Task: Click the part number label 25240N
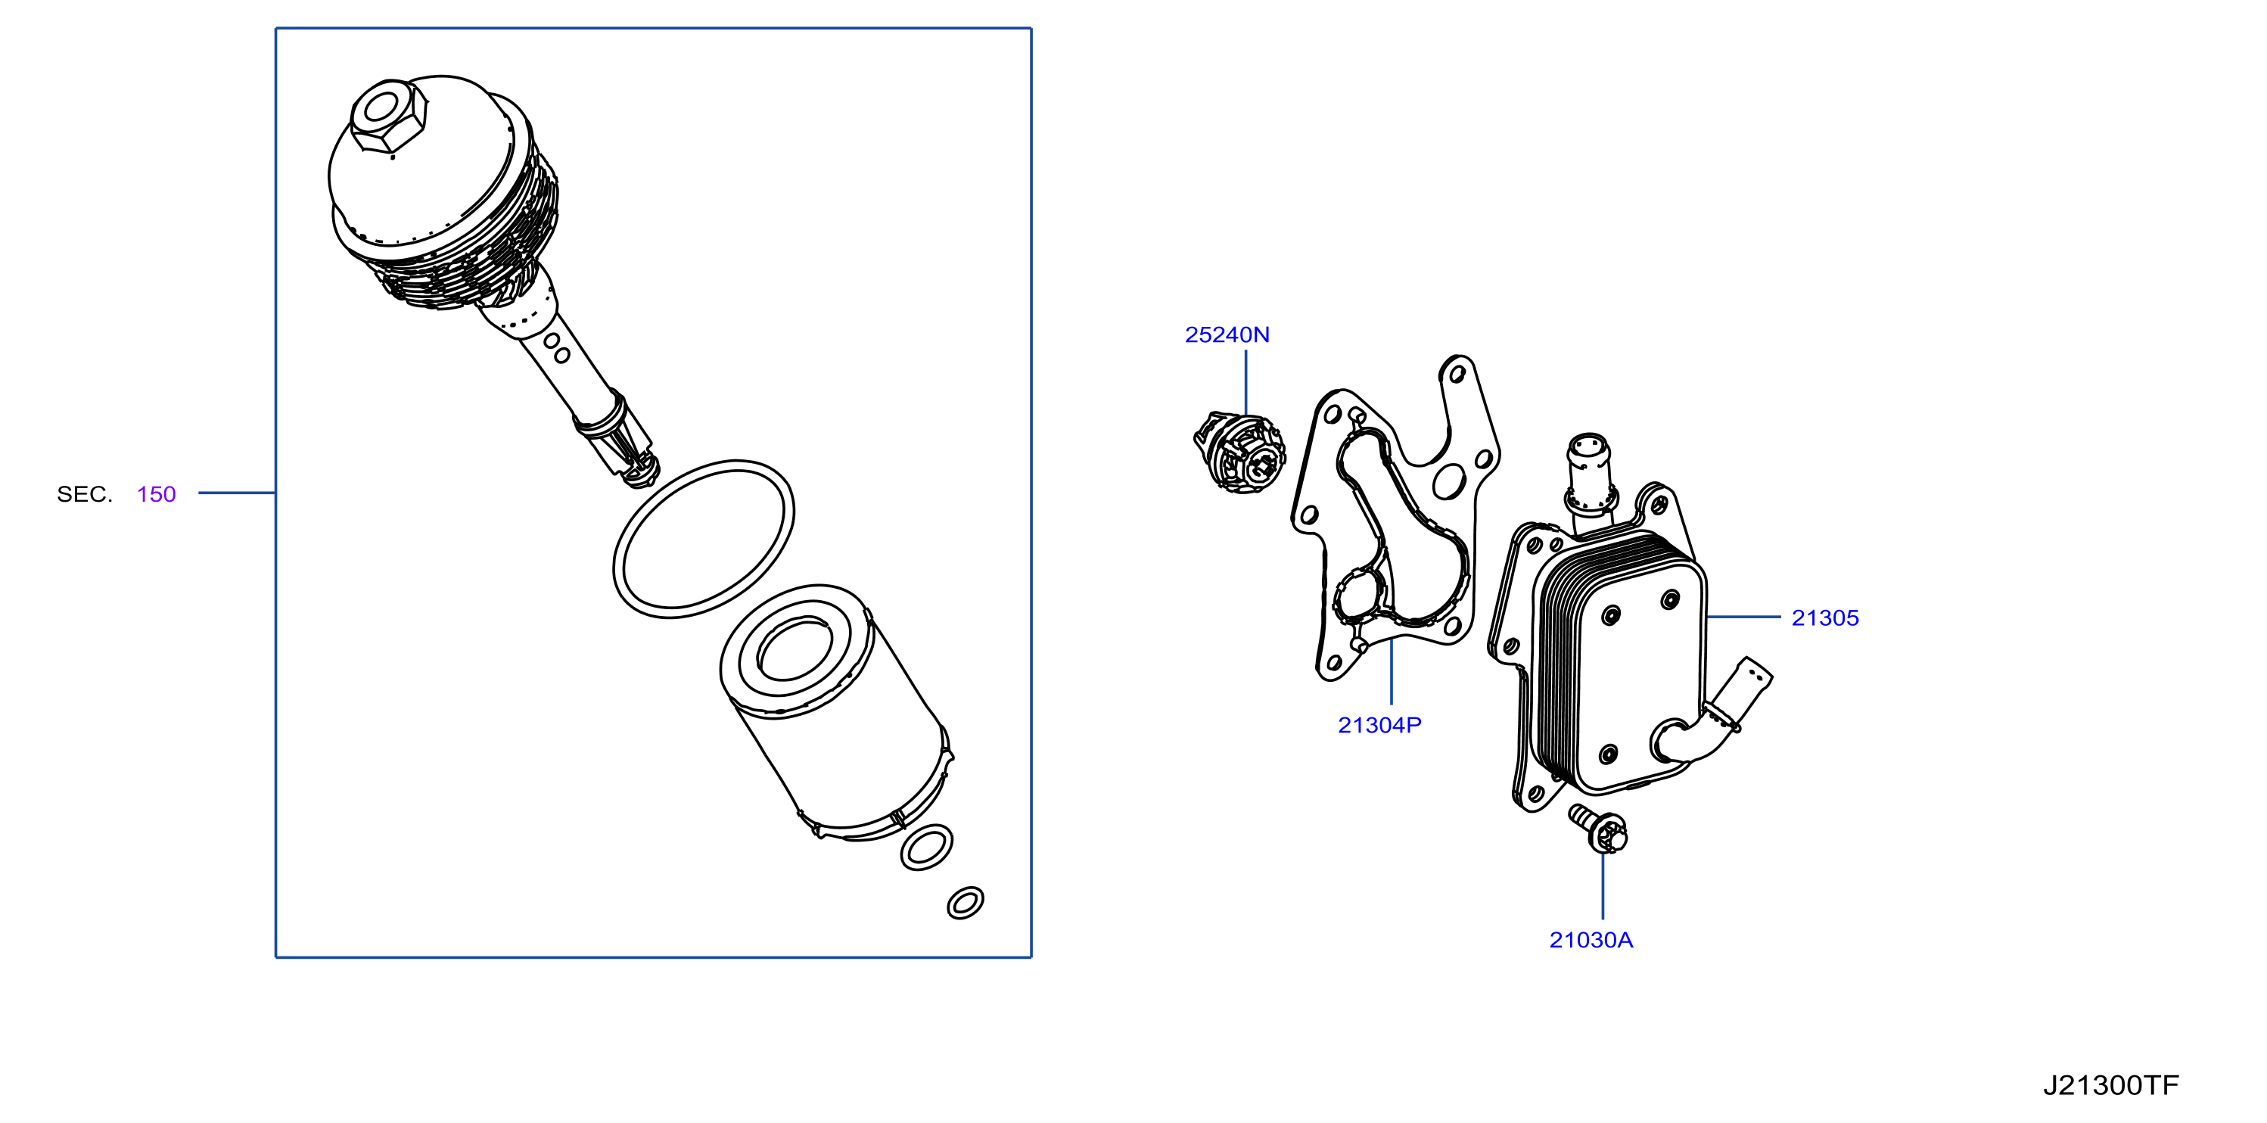[1227, 334]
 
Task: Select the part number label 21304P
[1379, 724]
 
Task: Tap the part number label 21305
[1824, 617]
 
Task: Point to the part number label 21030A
[1591, 940]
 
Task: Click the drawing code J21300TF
[2110, 1085]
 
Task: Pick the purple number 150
[157, 493]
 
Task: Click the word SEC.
[85, 493]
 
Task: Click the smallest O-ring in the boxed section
[965, 902]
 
